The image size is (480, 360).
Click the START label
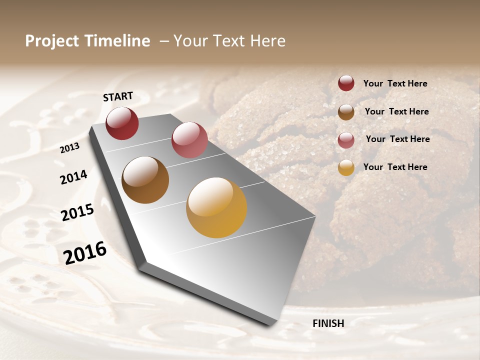click(118, 96)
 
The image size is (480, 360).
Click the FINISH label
click(328, 323)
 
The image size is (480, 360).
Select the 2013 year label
click(69, 148)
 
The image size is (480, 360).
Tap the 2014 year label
click(73, 177)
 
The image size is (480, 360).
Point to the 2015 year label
click(77, 212)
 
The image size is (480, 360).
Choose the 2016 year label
click(85, 253)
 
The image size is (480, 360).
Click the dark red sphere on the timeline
click(122, 123)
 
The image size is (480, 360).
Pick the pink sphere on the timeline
click(189, 140)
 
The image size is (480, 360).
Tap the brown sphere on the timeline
click(145, 180)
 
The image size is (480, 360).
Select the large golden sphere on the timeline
click(216, 207)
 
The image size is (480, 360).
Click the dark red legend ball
click(346, 83)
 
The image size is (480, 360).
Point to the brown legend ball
click(346, 112)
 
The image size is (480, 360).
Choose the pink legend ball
click(346, 140)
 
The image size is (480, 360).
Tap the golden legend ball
click(346, 167)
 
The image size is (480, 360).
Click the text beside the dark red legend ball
click(395, 84)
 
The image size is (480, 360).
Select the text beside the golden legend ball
click(395, 167)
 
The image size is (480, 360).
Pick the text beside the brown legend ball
click(396, 111)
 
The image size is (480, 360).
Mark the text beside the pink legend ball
click(397, 139)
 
